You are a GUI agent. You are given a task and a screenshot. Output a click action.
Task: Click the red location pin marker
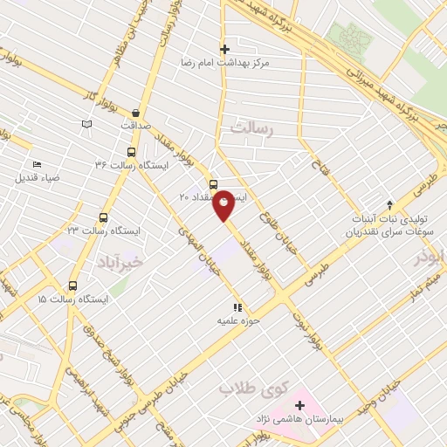tap(223, 203)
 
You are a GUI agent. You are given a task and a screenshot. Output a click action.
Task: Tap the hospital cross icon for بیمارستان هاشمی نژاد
tap(300, 406)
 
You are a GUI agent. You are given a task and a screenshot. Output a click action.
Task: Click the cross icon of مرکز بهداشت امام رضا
tap(224, 49)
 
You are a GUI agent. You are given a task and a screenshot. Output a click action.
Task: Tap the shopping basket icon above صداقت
tap(136, 113)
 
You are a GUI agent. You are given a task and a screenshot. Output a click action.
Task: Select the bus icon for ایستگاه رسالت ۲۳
tap(104, 217)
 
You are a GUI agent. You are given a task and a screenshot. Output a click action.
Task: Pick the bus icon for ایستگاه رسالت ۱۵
tap(72, 285)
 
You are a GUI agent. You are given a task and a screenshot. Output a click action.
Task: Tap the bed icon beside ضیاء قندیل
tap(37, 164)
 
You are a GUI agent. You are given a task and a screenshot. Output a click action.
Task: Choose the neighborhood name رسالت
tap(252, 128)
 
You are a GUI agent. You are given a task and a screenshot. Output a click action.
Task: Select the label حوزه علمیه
tap(235, 320)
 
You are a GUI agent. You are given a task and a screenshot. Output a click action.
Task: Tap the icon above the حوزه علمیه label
tap(236, 307)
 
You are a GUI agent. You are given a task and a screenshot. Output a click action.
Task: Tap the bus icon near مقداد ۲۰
tap(213, 183)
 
